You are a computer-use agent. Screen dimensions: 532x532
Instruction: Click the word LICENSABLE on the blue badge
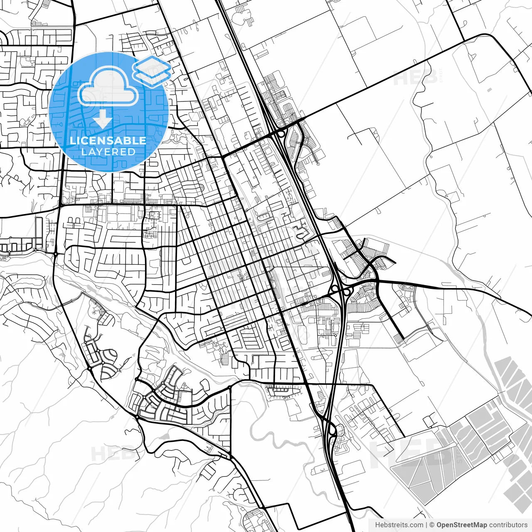(108, 140)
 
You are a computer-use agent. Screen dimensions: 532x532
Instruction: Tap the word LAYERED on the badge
(108, 152)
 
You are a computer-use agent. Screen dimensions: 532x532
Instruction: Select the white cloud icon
(108, 86)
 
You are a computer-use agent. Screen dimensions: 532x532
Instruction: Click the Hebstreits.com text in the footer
(399, 525)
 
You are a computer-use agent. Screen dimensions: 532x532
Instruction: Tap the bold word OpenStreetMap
(462, 525)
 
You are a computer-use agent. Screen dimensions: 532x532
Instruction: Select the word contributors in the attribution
(508, 525)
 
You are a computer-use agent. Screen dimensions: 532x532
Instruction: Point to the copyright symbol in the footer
(432, 525)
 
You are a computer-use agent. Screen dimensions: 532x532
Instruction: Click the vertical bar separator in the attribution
(426, 525)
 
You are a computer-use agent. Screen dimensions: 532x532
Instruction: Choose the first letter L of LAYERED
(84, 152)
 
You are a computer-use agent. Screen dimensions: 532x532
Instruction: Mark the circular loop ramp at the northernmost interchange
(281, 134)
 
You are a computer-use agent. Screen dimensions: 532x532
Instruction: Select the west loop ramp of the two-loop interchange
(335, 288)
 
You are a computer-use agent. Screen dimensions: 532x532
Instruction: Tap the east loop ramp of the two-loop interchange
(347, 292)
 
